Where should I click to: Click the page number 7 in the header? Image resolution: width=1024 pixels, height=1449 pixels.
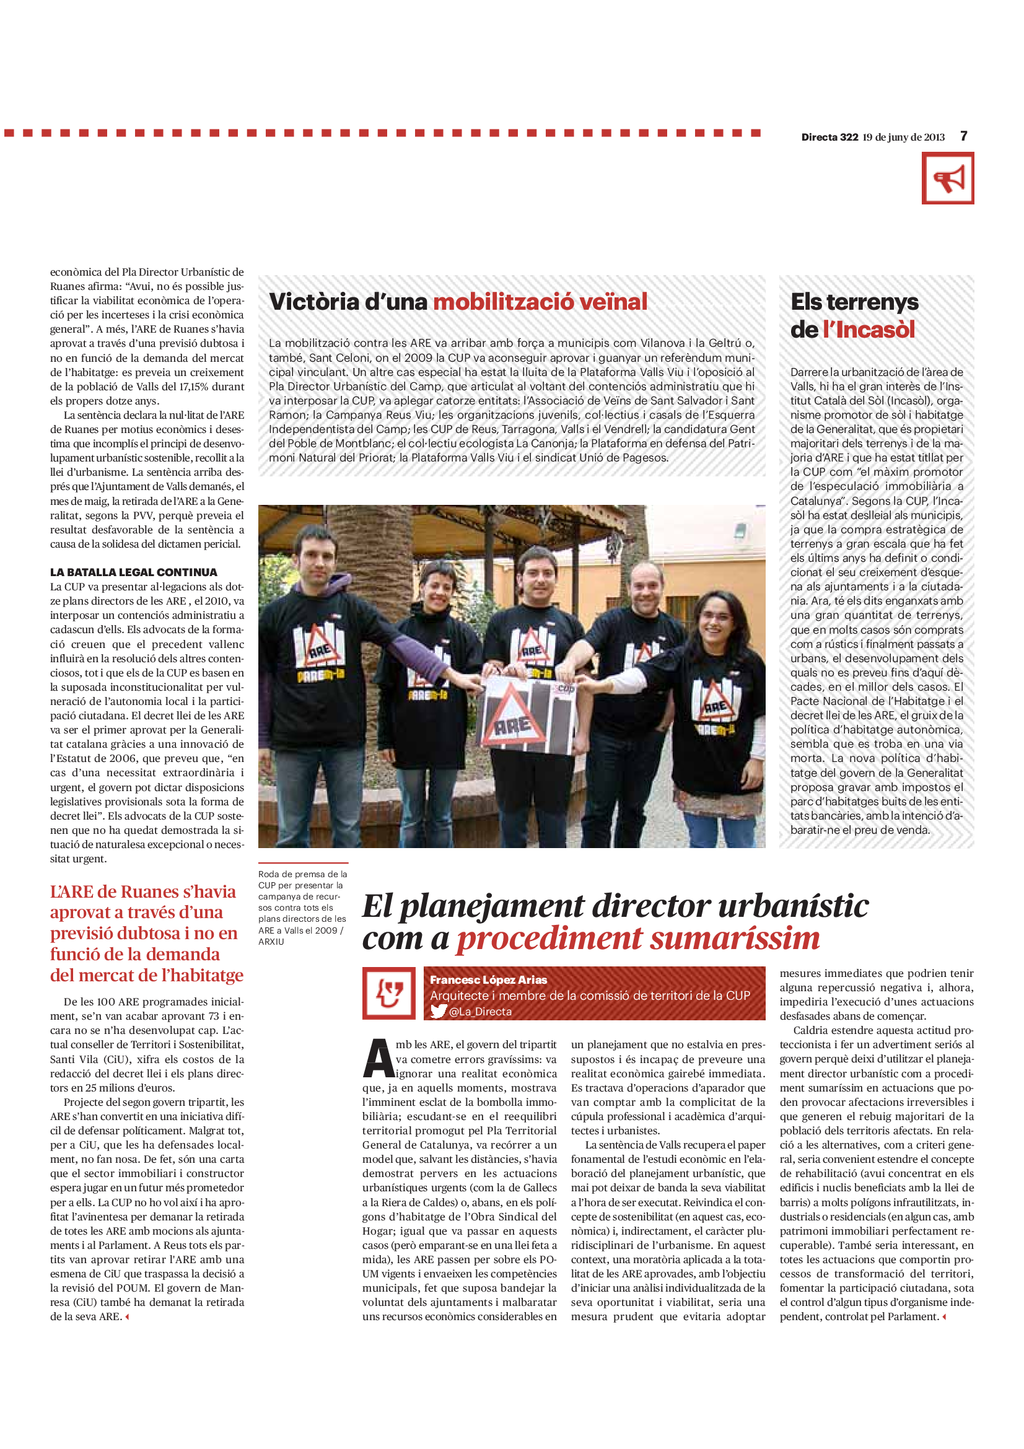963,136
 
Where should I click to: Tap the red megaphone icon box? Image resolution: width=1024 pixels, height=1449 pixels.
947,178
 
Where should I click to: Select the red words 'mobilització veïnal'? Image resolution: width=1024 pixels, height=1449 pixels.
540,302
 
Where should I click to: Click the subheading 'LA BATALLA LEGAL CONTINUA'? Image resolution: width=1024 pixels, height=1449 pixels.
134,572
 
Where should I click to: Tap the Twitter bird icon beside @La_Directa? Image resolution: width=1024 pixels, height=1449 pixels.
439,1012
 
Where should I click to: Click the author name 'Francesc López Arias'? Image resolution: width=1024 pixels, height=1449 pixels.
488,979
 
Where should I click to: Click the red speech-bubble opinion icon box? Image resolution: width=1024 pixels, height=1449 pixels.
388,993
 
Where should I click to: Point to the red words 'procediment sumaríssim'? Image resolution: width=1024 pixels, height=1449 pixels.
638,939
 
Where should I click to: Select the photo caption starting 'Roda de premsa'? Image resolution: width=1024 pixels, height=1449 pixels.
302,908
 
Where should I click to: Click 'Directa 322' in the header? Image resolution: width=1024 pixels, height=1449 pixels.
829,137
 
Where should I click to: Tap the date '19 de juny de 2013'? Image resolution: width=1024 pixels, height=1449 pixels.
903,137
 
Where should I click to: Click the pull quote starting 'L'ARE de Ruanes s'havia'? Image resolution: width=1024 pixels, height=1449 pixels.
146,933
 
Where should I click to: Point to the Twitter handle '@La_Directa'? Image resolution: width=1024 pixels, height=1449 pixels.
480,1012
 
